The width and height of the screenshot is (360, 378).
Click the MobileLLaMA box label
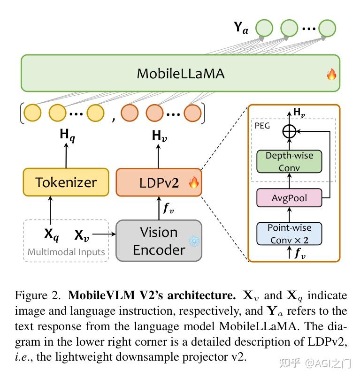pyautogui.click(x=180, y=74)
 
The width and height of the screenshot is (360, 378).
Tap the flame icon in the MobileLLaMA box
pyautogui.click(x=331, y=74)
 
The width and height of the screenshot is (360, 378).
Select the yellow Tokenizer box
pyautogui.click(x=66, y=182)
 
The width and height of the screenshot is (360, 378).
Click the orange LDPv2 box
pyautogui.click(x=159, y=182)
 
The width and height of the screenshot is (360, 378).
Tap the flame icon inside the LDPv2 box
pyautogui.click(x=193, y=182)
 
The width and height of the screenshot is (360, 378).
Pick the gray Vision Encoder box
pyautogui.click(x=159, y=241)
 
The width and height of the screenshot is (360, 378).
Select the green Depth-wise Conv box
pyautogui.click(x=289, y=161)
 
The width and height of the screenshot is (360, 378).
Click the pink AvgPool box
pyautogui.click(x=289, y=198)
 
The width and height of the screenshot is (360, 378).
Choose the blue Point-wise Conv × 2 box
pyautogui.click(x=289, y=234)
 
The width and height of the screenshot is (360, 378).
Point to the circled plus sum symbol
pyautogui.click(x=289, y=132)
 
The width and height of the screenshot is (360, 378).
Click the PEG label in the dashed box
pyautogui.click(x=262, y=126)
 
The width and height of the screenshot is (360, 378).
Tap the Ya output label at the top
pyautogui.click(x=241, y=28)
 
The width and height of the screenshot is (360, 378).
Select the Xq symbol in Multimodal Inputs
pyautogui.click(x=51, y=234)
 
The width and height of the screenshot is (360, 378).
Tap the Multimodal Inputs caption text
pyautogui.click(x=66, y=252)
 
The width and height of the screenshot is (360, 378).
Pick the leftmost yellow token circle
pyautogui.click(x=33, y=113)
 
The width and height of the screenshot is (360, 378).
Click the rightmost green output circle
pyautogui.click(x=327, y=28)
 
